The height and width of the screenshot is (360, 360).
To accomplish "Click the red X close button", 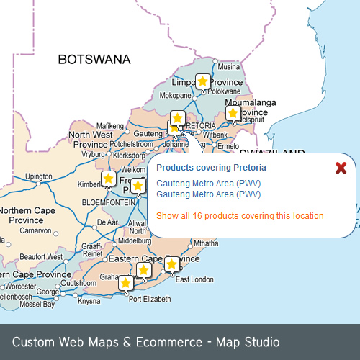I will (341, 168).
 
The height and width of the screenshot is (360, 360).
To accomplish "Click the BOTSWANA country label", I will (94, 59).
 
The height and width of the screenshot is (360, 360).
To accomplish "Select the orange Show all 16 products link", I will (240, 216).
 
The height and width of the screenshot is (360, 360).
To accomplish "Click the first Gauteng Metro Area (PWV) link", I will (208, 184).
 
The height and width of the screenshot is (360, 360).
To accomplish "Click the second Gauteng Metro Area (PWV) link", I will (208, 194).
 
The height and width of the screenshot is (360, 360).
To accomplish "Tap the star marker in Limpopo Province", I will (203, 81).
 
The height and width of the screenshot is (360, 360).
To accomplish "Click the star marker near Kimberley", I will (109, 178).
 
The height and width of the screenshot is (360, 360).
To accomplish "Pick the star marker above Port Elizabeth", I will (126, 283).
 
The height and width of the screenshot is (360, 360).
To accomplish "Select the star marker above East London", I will (171, 264).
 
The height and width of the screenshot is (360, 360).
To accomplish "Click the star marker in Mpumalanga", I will (233, 112).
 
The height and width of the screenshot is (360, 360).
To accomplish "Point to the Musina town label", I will (228, 67).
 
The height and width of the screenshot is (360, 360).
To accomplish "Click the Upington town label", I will (38, 176).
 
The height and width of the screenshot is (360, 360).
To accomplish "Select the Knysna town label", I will (89, 301).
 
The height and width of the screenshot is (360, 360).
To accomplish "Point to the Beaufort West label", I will (41, 256).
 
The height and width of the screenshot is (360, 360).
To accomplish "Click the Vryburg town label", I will (93, 154).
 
